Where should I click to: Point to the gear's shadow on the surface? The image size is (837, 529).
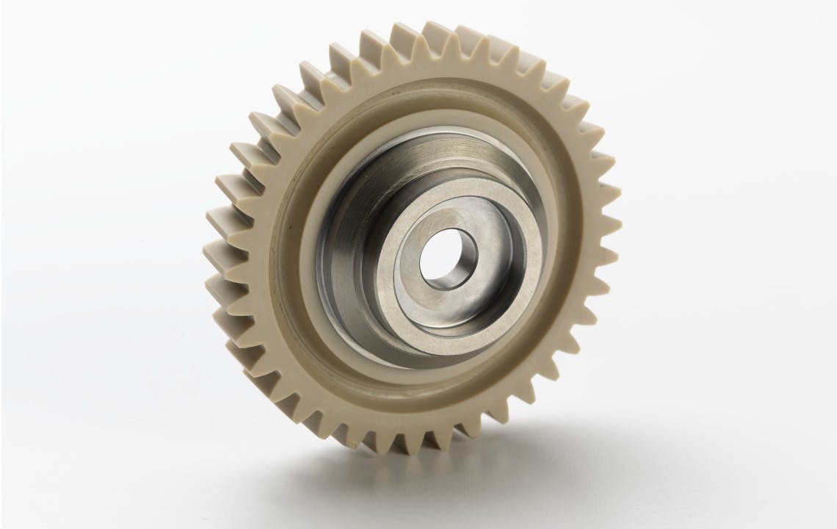514,470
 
